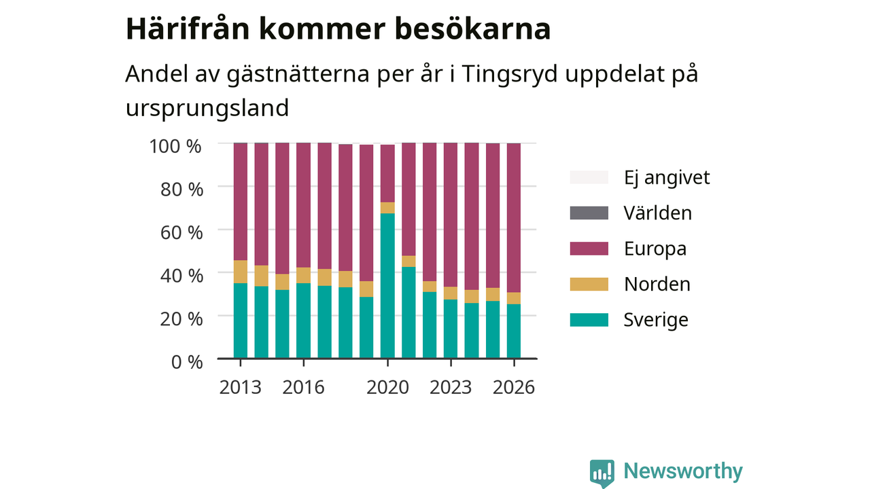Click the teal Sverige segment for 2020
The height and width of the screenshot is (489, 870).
[x=387, y=286]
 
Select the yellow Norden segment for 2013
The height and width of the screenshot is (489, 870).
[x=241, y=272]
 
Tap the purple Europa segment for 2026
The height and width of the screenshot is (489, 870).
[x=513, y=218]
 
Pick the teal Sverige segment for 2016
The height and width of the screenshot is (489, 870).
[x=303, y=321]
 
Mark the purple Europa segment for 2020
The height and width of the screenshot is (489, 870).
[x=387, y=173]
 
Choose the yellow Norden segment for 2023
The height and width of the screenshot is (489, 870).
[x=451, y=293]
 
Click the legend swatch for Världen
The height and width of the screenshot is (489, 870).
[x=589, y=213]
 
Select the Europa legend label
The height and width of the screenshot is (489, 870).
[x=655, y=249]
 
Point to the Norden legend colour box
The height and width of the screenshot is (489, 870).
[x=589, y=284]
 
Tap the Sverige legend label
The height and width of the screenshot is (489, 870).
[x=656, y=320]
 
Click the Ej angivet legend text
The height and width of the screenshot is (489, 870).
[x=667, y=178]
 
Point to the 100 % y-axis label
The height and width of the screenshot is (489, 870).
[x=175, y=147]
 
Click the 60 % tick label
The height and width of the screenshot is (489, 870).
[x=181, y=233]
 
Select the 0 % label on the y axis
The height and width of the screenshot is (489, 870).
[x=187, y=362]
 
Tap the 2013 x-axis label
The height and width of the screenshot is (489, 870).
[x=241, y=387]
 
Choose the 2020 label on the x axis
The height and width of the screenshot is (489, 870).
[x=387, y=387]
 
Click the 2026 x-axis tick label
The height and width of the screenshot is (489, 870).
[x=514, y=387]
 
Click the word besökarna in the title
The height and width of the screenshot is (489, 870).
[x=472, y=29]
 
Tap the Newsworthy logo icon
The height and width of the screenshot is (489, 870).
[x=602, y=473]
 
